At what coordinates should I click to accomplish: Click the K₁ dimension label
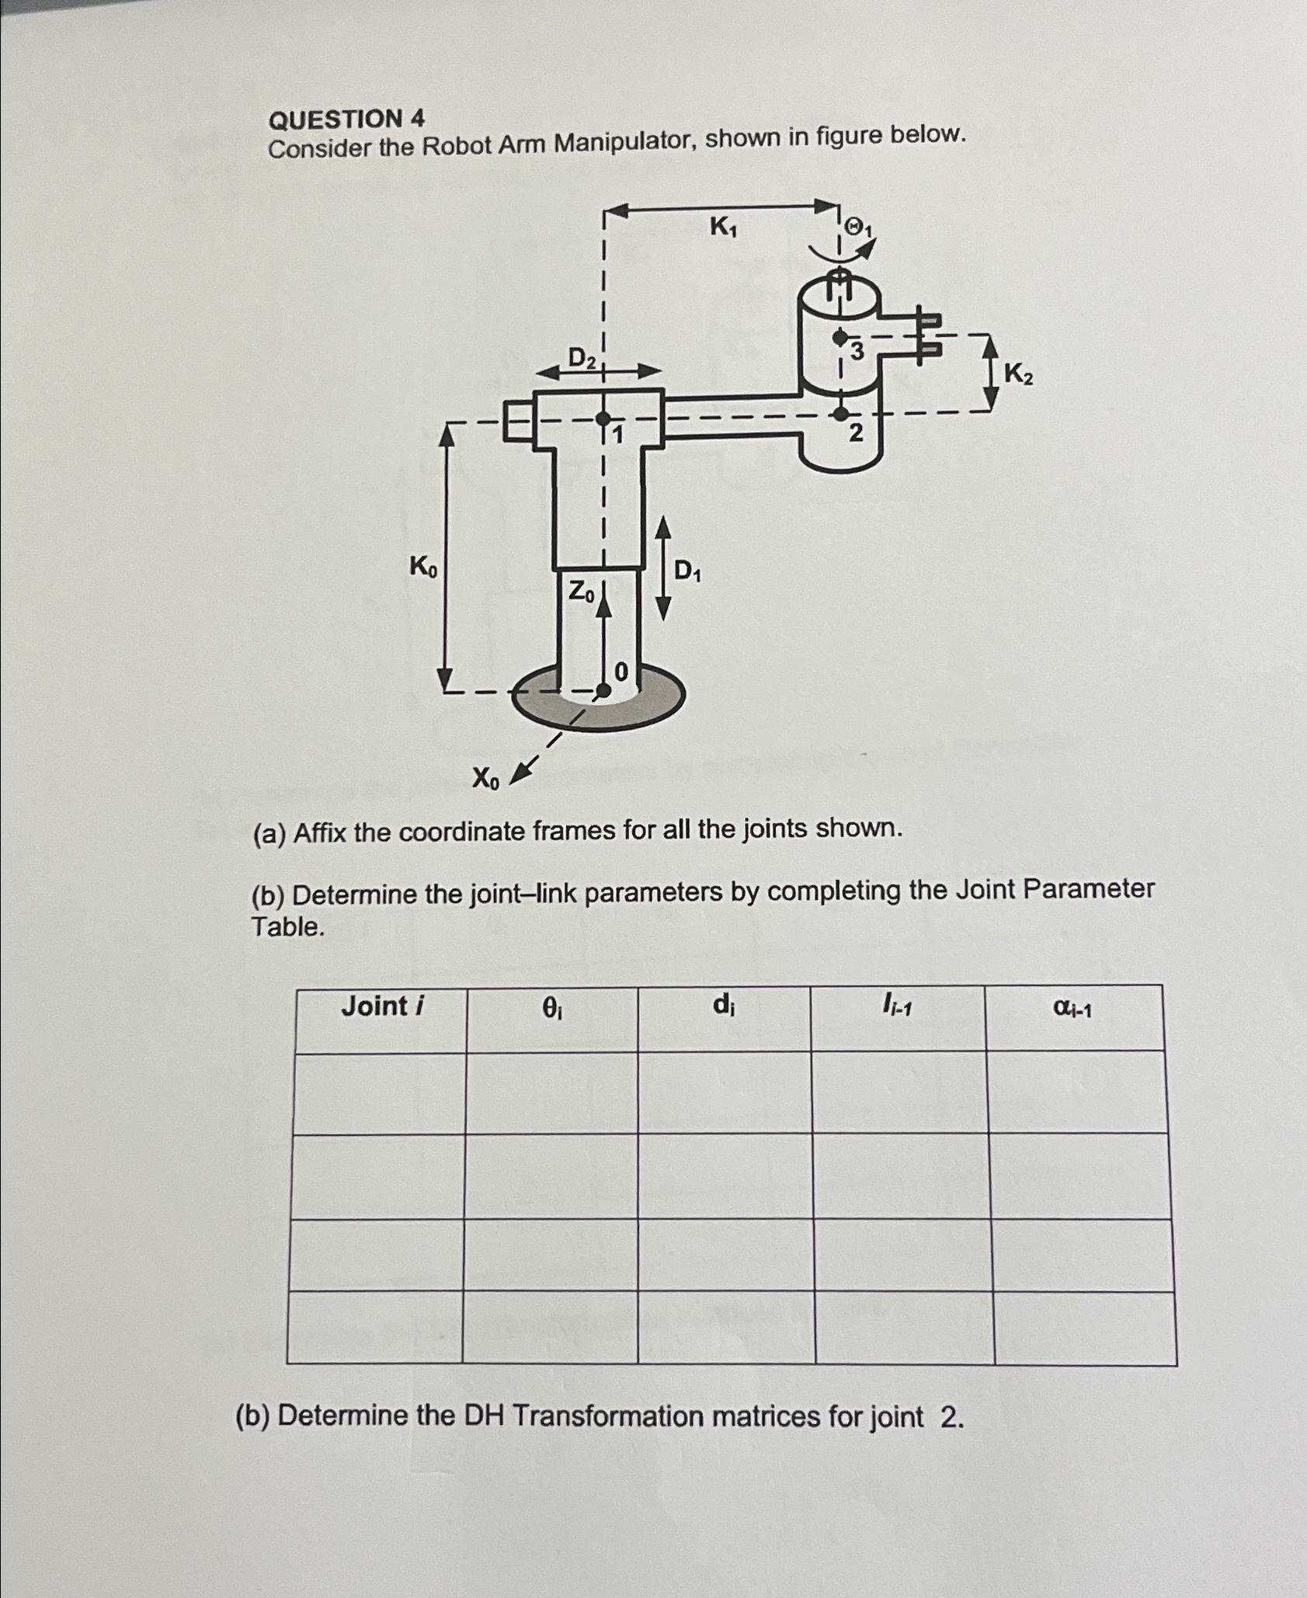(723, 228)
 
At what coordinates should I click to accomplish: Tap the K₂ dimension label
(1018, 375)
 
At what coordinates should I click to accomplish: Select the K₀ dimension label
(423, 568)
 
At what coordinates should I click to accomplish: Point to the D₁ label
(687, 571)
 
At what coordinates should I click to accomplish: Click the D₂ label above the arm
(582, 358)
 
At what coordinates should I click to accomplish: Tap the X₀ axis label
(486, 777)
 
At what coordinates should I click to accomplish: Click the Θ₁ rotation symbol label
(859, 228)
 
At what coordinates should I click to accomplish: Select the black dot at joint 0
(603, 689)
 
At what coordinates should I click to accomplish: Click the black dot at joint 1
(603, 419)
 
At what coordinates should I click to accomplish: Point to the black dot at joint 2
(840, 412)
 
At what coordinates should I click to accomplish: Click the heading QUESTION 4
(346, 120)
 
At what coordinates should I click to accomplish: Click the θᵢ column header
(551, 1008)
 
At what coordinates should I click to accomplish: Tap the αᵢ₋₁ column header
(1072, 1008)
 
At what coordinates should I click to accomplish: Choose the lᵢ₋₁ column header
(897, 1006)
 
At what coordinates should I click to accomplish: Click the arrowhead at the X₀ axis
(522, 772)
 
